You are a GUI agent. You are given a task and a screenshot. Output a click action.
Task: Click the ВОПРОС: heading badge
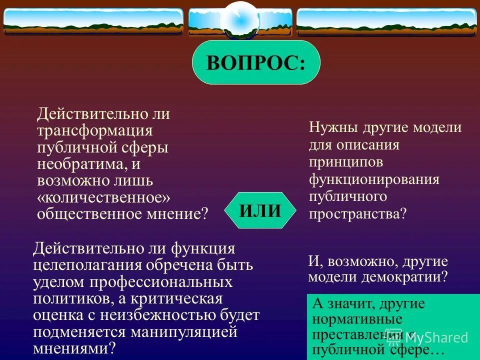tap(256, 62)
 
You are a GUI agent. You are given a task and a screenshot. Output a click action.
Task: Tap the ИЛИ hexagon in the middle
tap(260, 210)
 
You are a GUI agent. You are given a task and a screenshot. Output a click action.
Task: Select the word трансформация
tap(94, 131)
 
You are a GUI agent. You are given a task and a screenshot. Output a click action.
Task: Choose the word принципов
tap(346, 162)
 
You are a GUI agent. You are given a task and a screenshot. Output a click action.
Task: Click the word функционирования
tap(374, 179)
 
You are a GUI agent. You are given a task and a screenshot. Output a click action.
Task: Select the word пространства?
tap(358, 214)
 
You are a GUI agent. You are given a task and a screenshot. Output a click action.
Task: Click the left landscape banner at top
tap(93, 20)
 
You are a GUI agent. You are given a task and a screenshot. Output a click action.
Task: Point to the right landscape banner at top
tap(386, 21)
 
